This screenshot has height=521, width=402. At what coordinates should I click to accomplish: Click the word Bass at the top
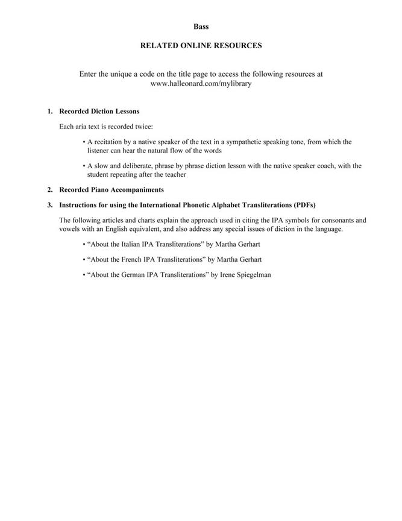[x=201, y=27]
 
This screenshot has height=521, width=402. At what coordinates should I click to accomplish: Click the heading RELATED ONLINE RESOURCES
[x=201, y=45]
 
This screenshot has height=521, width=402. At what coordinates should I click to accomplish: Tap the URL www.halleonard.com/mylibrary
[x=201, y=84]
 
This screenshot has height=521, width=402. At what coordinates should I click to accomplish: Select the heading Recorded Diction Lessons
[x=99, y=112]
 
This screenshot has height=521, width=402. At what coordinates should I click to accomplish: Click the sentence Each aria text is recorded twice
[x=106, y=127]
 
